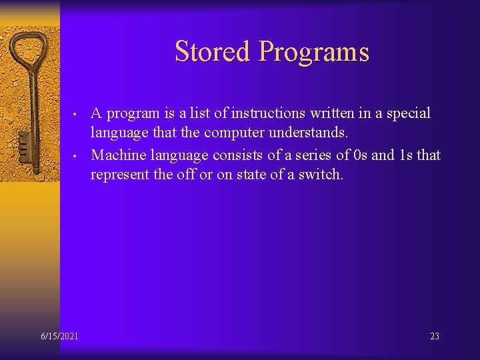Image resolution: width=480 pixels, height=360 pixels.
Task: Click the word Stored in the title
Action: [x=212, y=52]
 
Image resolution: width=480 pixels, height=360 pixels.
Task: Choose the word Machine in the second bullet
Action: [x=117, y=155]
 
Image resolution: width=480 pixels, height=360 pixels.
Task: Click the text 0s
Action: [x=360, y=155]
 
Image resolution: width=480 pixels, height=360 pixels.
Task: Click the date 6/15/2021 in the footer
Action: [x=59, y=336]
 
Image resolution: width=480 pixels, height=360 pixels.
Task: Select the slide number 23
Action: [x=434, y=336]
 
